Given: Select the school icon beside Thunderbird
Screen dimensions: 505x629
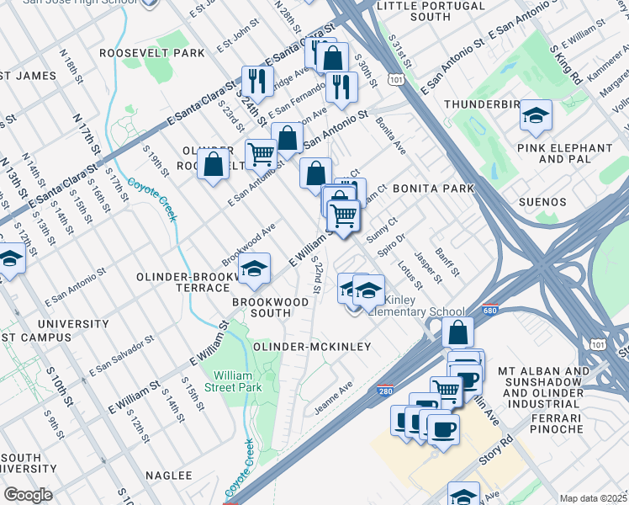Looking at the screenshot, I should pyautogui.click(x=536, y=116).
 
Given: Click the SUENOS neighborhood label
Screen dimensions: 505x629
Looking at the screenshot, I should pyautogui.click(x=561, y=203).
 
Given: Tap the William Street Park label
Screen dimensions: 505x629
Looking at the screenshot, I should pyautogui.click(x=238, y=381).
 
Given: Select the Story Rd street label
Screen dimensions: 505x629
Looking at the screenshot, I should pyautogui.click(x=494, y=451).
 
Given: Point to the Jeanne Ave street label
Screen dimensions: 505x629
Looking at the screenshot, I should pyautogui.click(x=334, y=401).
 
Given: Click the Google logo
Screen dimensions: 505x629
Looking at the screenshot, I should pyautogui.click(x=28, y=495).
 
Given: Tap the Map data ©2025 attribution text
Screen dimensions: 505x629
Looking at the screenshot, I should pyautogui.click(x=593, y=498).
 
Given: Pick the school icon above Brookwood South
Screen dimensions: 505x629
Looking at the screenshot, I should pyautogui.click(x=253, y=269).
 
